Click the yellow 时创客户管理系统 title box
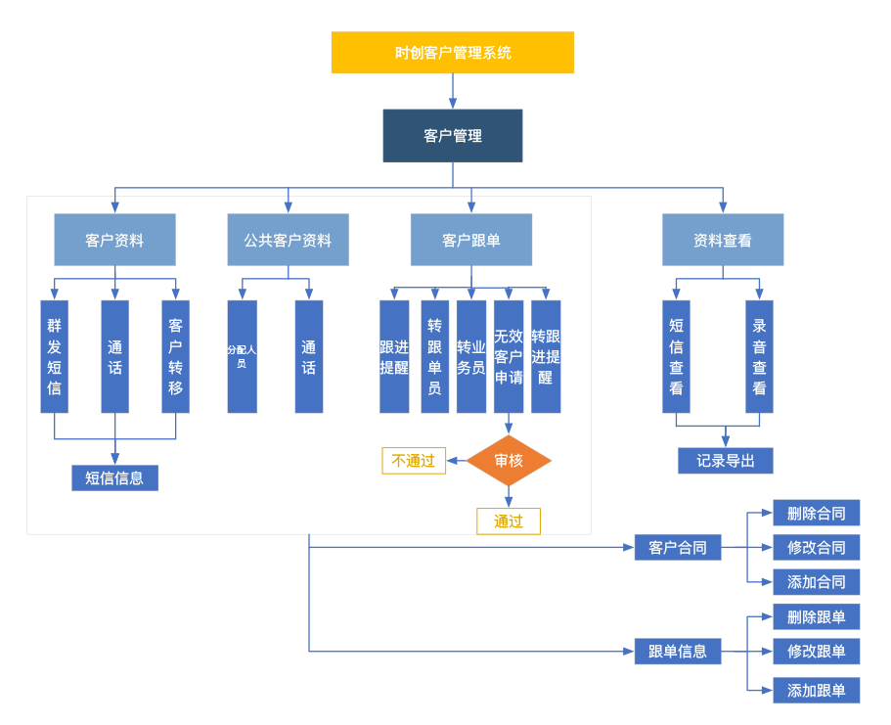pos(452,53)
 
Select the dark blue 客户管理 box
pos(452,136)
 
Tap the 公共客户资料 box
pos(288,240)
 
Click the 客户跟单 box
pos(470,240)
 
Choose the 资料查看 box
pos(722,240)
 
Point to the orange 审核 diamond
pos(509,461)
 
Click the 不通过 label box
pos(414,461)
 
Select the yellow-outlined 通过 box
pos(509,521)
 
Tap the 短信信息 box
pos(114,477)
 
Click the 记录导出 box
pos(725,461)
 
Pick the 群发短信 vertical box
pos(54,356)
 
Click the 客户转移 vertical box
pos(175,356)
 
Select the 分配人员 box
pos(242,356)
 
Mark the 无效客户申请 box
pos(509,356)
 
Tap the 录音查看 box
pos(759,356)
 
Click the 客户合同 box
pos(677,548)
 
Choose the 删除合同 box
pos(816,513)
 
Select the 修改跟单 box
pos(816,652)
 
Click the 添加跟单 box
pos(816,690)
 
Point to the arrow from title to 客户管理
pos(453,91)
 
